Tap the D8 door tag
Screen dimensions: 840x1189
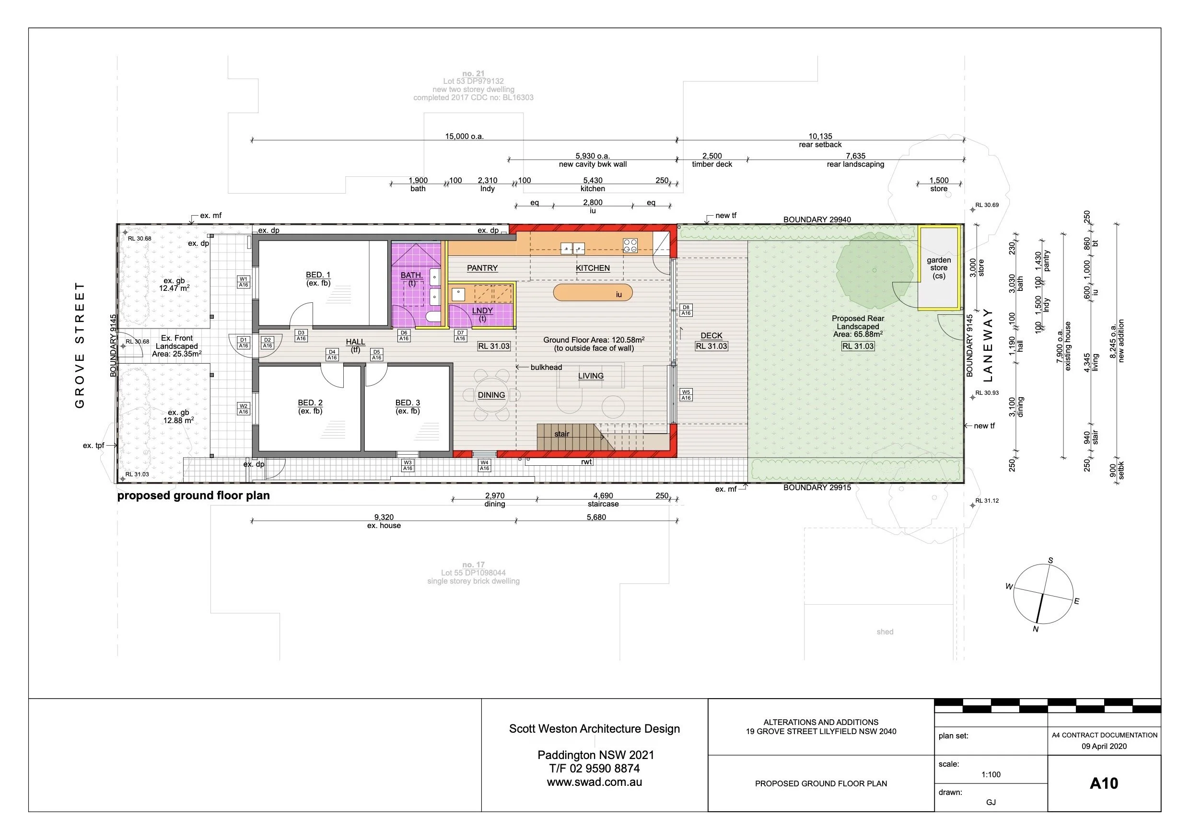coord(686,310)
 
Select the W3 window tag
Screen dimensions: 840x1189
coord(408,465)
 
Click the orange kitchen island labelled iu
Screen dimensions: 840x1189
coord(593,292)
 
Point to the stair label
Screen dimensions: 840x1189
coord(561,434)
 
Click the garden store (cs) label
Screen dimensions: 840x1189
coord(938,267)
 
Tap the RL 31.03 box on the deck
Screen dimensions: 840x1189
coord(711,346)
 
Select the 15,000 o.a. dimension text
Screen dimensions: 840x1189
coord(464,136)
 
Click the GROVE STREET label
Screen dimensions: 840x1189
coord(80,345)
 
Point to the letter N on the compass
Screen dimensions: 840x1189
coord(1035,629)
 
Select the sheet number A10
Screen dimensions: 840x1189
coord(1104,783)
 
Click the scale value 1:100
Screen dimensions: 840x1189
coord(991,774)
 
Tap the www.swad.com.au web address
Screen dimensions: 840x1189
coord(594,782)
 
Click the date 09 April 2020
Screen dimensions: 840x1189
coord(1104,746)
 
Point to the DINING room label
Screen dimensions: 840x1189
coord(491,395)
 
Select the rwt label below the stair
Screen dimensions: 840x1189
coord(586,461)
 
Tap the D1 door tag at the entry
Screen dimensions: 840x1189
coord(244,343)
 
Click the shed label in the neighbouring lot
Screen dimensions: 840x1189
coord(885,632)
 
